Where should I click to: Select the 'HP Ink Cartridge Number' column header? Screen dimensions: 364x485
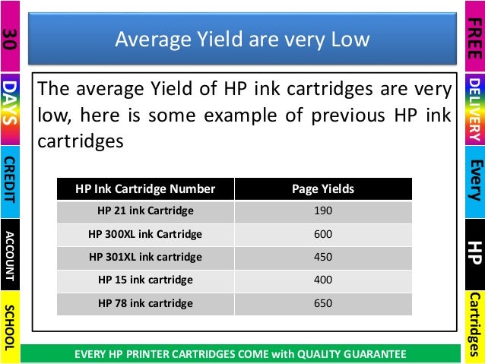point(145,188)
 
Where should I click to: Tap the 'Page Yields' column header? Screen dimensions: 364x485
point(323,188)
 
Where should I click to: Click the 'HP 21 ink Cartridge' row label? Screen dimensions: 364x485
point(145,210)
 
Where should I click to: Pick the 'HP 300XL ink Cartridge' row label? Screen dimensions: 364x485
point(145,234)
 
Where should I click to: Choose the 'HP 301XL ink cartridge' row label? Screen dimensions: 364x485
point(145,257)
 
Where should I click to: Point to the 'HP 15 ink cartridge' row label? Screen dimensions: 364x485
point(145,280)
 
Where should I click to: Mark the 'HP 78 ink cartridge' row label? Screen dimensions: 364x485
point(145,303)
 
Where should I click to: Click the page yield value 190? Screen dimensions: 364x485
point(323,210)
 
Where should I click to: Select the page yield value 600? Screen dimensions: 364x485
point(323,234)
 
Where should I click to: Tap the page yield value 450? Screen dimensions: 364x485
point(323,257)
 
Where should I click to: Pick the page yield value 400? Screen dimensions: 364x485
point(323,280)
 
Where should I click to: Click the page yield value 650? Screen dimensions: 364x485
point(323,303)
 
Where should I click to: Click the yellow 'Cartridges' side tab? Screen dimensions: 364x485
point(474,327)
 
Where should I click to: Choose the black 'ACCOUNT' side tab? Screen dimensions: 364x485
point(10,255)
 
